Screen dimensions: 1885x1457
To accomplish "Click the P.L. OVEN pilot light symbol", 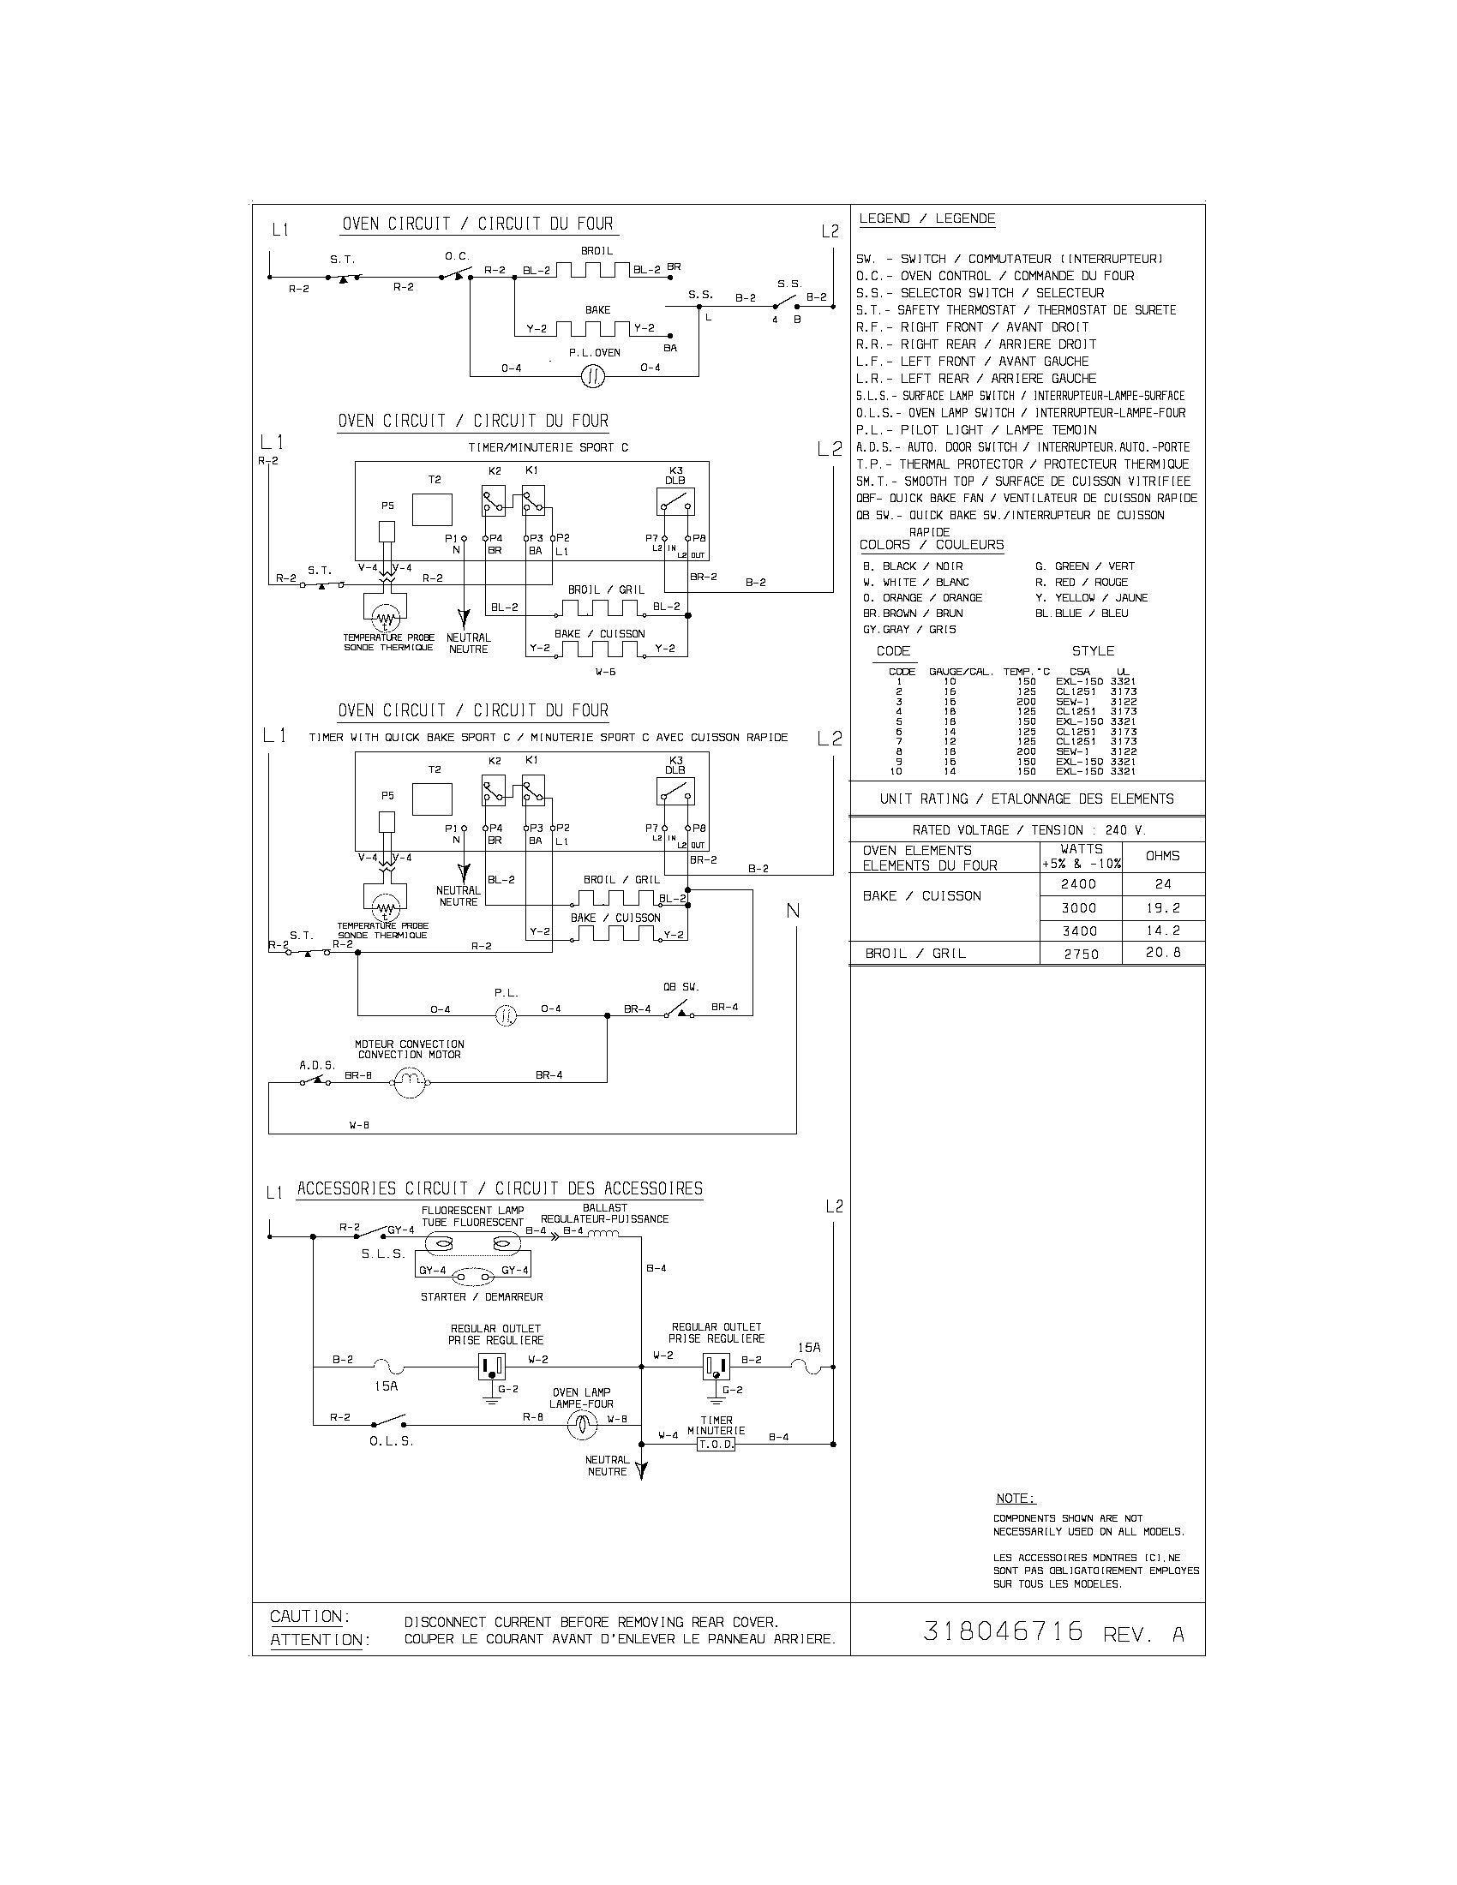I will click(592, 375).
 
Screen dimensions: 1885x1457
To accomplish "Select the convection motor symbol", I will click(410, 1082).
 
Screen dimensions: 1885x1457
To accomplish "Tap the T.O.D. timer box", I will click(716, 1444).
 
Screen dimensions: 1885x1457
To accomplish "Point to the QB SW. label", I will click(681, 986).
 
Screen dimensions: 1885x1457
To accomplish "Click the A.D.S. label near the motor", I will click(317, 1065).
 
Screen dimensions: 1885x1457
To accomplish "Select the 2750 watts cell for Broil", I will click(1081, 954).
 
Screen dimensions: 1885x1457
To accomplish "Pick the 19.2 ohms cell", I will click(1163, 908).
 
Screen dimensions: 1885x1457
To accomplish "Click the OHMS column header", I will click(1162, 855).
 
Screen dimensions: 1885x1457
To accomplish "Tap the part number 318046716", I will click(1003, 1631).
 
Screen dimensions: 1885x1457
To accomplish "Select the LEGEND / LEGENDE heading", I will click(927, 218).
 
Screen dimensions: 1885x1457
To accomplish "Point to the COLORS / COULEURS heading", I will click(932, 545).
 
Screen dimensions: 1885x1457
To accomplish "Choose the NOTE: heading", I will click(1015, 1499).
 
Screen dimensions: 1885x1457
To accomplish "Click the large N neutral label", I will click(793, 912).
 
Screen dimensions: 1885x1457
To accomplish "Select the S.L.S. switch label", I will click(383, 1254).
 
